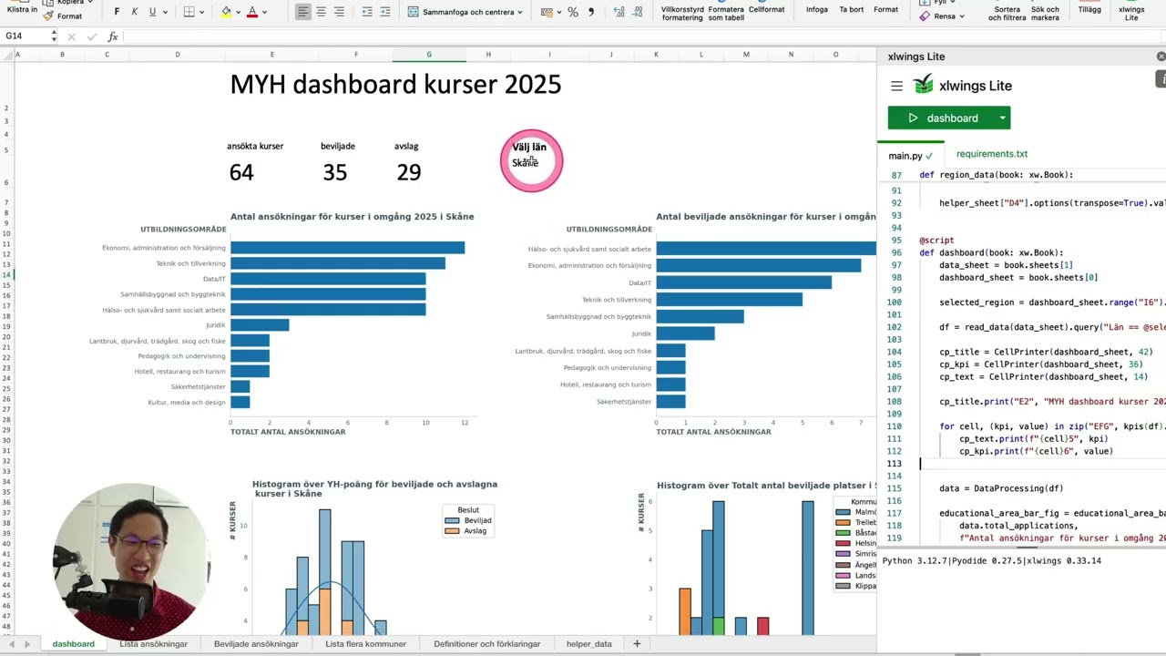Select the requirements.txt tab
tap(991, 154)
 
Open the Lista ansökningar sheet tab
tap(153, 644)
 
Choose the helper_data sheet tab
tap(588, 644)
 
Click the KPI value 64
tap(241, 172)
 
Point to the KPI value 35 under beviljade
tap(335, 172)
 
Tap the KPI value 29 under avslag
tap(409, 172)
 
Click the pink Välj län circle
tap(531, 160)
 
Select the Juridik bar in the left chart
tap(260, 324)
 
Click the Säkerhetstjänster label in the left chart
tap(198, 386)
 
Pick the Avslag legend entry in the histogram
tap(475, 531)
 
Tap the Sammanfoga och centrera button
tap(465, 13)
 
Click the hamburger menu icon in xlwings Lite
tap(896, 86)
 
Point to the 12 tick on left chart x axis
tap(465, 423)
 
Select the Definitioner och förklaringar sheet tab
tap(486, 644)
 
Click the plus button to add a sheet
tap(637, 644)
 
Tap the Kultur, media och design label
tap(187, 402)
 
